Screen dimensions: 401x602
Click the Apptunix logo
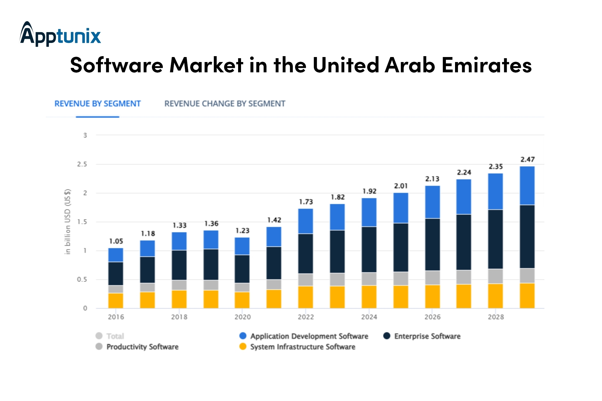pyautogui.click(x=60, y=34)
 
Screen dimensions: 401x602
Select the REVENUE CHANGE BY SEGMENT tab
pyautogui.click(x=225, y=103)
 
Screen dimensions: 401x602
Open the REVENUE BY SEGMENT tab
pyautogui.click(x=98, y=103)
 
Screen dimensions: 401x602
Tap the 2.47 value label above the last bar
pyautogui.click(x=527, y=159)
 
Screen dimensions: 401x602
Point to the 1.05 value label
pyautogui.click(x=116, y=241)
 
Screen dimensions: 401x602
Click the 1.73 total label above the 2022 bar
pyautogui.click(x=306, y=202)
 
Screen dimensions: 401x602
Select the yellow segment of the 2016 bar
pyautogui.click(x=116, y=300)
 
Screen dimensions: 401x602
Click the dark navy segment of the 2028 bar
pyautogui.click(x=496, y=239)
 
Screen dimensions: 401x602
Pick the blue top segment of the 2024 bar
pyautogui.click(x=369, y=212)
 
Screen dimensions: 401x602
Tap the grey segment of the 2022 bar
pyautogui.click(x=306, y=280)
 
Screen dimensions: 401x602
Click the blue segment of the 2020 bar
pyautogui.click(x=242, y=246)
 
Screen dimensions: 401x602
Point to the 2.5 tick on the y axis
pyautogui.click(x=82, y=164)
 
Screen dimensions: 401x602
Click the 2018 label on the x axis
pyautogui.click(x=179, y=317)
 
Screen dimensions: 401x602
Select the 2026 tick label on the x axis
pyautogui.click(x=432, y=317)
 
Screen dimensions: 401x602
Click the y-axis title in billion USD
pyautogui.click(x=68, y=221)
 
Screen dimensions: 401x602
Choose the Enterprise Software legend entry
pyautogui.click(x=422, y=336)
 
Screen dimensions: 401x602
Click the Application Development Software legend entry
pyautogui.click(x=304, y=336)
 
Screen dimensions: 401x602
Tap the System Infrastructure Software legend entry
pyautogui.click(x=297, y=347)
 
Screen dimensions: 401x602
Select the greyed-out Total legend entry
pyautogui.click(x=110, y=336)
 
